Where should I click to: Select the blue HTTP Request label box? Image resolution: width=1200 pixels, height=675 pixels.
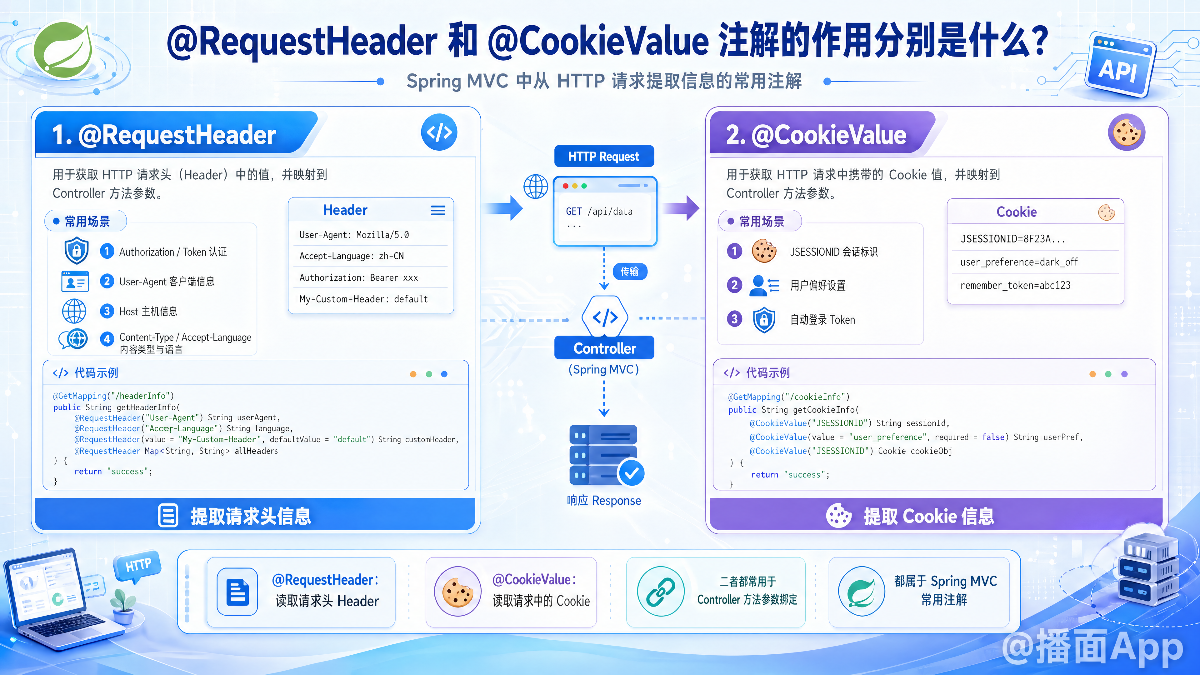pyautogui.click(x=604, y=156)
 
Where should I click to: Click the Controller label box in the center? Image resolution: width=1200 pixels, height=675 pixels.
pyautogui.click(x=604, y=348)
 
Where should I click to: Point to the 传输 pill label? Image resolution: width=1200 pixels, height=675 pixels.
pyautogui.click(x=629, y=271)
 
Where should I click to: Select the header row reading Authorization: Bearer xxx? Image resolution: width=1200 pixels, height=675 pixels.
pyautogui.click(x=359, y=277)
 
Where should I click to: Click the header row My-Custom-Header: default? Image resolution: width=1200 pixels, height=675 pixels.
pyautogui.click(x=363, y=299)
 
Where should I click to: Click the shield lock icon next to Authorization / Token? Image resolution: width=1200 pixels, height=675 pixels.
pyautogui.click(x=76, y=251)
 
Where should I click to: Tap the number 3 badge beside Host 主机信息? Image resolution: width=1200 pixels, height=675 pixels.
pyautogui.click(x=107, y=311)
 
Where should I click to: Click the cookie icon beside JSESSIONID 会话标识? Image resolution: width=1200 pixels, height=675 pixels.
pyautogui.click(x=764, y=251)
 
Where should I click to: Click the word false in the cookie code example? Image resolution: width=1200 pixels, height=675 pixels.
pyautogui.click(x=993, y=437)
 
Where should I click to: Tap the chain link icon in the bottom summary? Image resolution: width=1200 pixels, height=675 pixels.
pyautogui.click(x=661, y=592)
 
